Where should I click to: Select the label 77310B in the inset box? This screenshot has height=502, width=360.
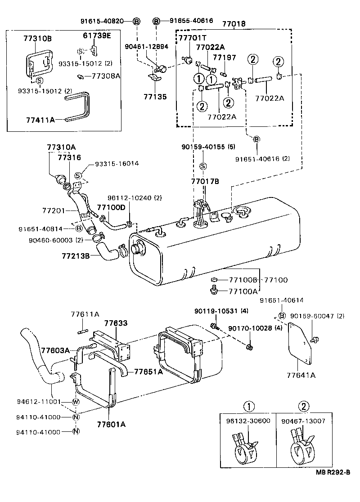pos(37,39)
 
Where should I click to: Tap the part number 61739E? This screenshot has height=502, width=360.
pos(97,36)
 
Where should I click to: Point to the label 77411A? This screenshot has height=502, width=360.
pos(40,120)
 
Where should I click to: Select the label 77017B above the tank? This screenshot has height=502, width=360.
pos(205,181)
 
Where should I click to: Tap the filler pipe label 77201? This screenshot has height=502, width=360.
pos(54,210)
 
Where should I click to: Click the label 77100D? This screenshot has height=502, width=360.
pos(111,207)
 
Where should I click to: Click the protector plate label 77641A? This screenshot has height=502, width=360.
pos(299,375)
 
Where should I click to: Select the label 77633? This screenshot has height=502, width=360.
pos(116,323)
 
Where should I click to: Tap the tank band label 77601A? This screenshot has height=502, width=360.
pos(111,423)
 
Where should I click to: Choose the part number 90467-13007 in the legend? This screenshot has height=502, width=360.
pos(304,421)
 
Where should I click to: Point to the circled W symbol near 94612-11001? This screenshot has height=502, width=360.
pos(76,402)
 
